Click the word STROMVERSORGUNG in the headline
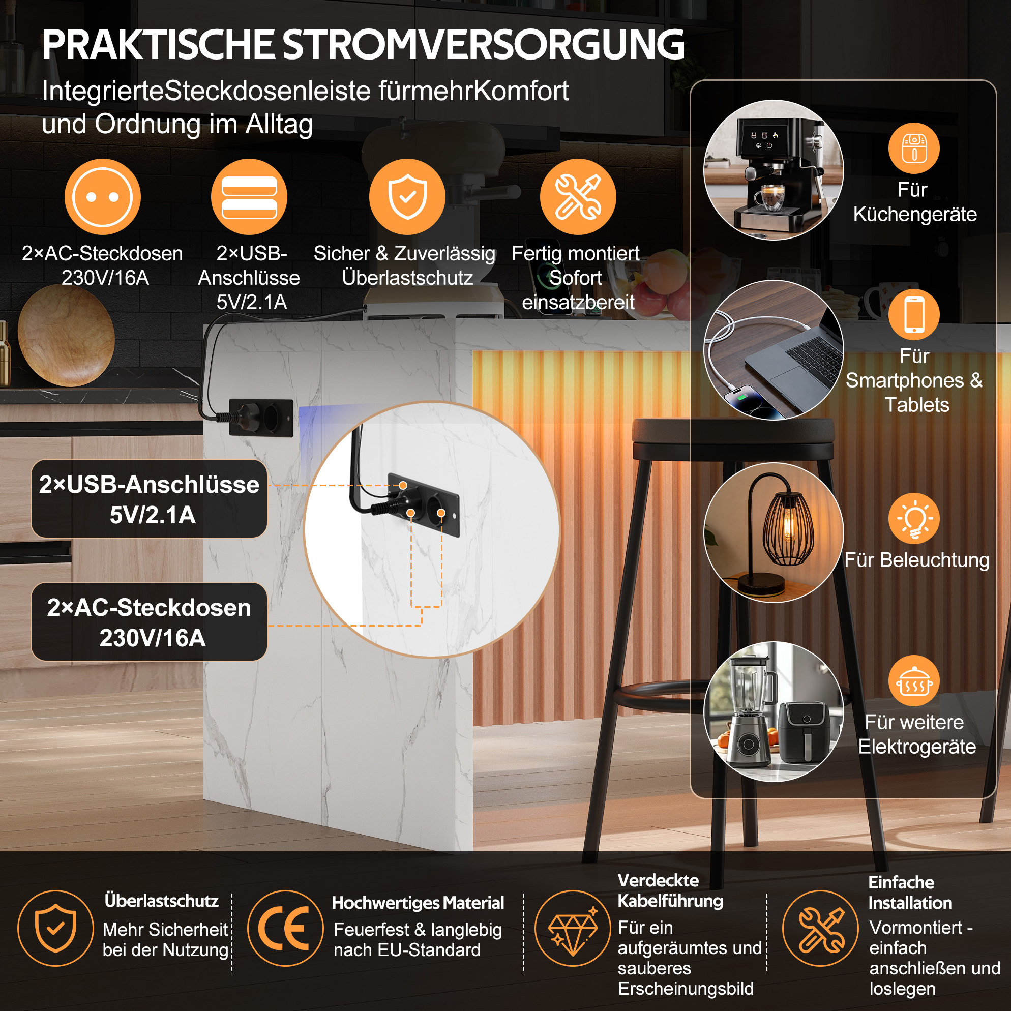484,45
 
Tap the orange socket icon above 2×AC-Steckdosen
103,197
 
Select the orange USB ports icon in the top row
249,197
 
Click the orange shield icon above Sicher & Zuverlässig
407,197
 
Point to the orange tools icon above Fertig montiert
578,197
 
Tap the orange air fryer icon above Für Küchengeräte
914,148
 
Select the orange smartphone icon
914,314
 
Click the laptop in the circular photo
795,361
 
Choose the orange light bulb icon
914,519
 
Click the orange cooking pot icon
914,681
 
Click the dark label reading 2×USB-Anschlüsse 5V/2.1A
149,499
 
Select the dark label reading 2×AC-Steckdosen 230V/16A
149,621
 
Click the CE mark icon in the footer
285,928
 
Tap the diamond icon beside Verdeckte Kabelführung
573,928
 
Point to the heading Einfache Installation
910,892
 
